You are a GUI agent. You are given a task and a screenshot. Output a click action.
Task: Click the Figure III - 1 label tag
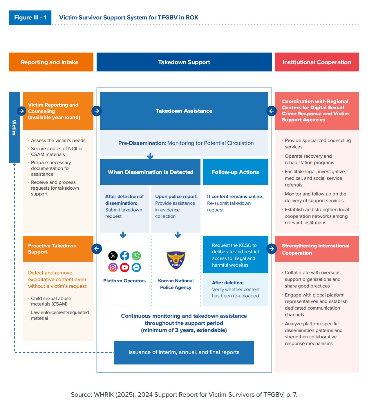click(x=30, y=17)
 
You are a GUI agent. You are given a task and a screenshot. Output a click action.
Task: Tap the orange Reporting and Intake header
click(x=51, y=62)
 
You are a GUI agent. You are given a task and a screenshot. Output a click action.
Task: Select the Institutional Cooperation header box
click(x=317, y=62)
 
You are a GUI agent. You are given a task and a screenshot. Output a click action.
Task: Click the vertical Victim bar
click(x=14, y=127)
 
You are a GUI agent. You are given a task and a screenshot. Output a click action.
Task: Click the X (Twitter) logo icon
click(x=113, y=256)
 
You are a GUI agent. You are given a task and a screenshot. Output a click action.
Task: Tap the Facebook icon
click(x=124, y=256)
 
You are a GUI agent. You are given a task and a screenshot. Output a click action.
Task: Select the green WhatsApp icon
click(x=136, y=256)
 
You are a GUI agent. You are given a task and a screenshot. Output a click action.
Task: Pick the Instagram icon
click(x=113, y=267)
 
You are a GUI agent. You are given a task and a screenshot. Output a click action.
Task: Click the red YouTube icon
click(x=124, y=267)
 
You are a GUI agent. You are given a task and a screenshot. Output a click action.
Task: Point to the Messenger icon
click(x=136, y=267)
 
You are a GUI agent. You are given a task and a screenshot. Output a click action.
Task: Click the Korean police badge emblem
click(x=176, y=260)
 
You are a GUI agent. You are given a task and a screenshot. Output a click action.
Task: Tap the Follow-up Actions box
click(x=235, y=172)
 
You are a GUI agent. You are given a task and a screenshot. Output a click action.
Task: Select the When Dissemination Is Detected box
click(x=150, y=172)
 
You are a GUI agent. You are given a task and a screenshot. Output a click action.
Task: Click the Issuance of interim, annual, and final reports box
click(x=184, y=353)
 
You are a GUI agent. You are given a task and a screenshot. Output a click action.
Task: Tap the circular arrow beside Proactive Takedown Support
click(x=97, y=249)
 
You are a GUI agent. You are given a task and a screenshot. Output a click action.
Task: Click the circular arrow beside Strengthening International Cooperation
click(x=272, y=249)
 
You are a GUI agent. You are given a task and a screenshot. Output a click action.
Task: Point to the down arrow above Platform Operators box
click(x=123, y=235)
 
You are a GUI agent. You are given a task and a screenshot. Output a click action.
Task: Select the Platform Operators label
click(x=124, y=281)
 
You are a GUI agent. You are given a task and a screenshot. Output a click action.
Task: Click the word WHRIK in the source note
click(x=104, y=395)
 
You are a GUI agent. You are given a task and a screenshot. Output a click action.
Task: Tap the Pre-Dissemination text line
click(x=186, y=143)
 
